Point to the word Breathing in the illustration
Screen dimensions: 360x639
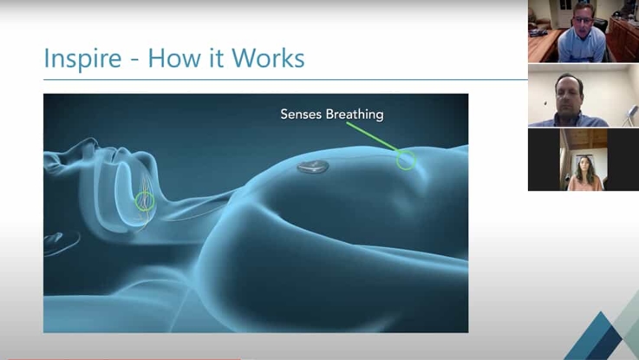[x=356, y=114]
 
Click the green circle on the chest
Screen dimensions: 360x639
[x=406, y=160]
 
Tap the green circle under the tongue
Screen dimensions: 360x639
[x=146, y=202]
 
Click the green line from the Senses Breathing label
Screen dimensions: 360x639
[x=374, y=139]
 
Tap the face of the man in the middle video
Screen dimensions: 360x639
[x=569, y=92]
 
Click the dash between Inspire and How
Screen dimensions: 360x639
[x=137, y=60]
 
